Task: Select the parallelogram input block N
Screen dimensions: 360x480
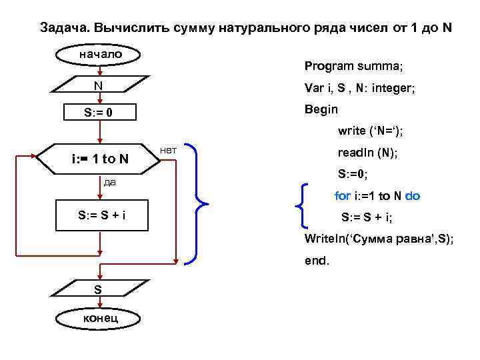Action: point(99,86)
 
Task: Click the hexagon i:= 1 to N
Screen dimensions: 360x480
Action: point(100,159)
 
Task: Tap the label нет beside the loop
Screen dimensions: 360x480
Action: point(168,151)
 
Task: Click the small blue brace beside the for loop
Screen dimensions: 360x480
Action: point(305,206)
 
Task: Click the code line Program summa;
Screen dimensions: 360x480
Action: point(353,66)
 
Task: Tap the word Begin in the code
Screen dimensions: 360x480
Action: point(321,109)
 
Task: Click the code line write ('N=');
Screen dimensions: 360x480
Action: point(371,131)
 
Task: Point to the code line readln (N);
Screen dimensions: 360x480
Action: point(368,153)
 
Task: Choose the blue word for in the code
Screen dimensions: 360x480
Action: point(342,196)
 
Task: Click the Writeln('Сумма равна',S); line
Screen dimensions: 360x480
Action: point(379,239)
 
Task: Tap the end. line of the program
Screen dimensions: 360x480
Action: point(317,261)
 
